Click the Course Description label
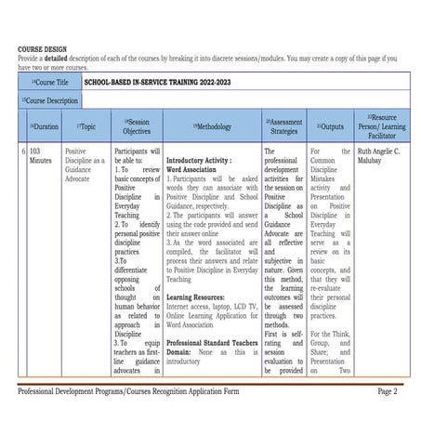(x=50, y=99)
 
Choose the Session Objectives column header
(x=136, y=126)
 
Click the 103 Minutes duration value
(x=41, y=155)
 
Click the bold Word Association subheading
(x=192, y=170)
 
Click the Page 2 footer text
(x=388, y=391)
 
